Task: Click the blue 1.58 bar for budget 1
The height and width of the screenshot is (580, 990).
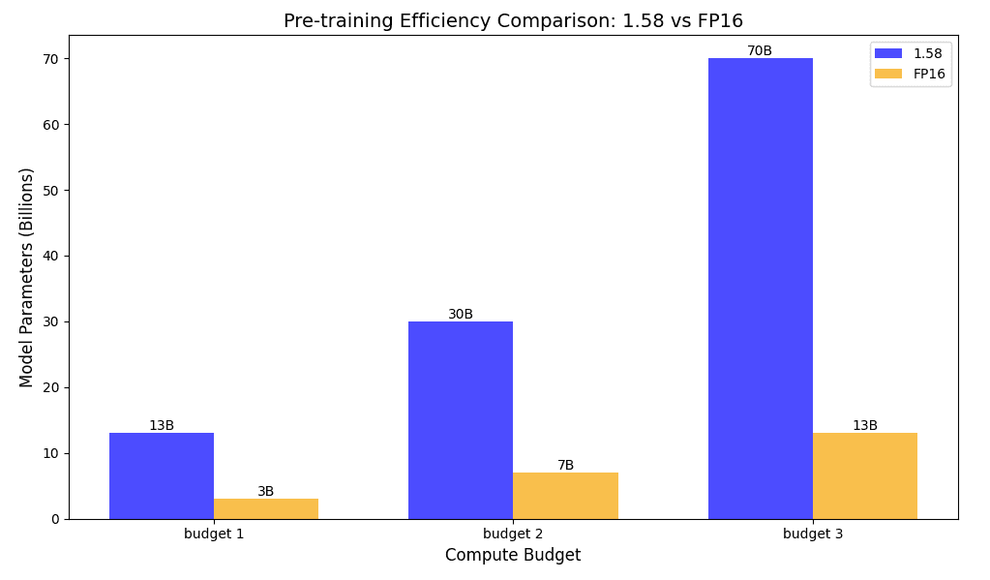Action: click(x=162, y=475)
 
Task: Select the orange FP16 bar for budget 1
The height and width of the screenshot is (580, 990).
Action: click(x=266, y=508)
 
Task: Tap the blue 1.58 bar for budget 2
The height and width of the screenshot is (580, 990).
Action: click(x=461, y=419)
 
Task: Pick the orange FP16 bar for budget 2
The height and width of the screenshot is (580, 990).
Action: click(x=565, y=495)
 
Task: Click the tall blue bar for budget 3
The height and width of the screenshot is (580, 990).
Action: click(x=760, y=289)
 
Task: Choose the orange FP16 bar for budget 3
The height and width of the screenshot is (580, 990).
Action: click(x=865, y=475)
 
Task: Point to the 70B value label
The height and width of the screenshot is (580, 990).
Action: click(x=760, y=51)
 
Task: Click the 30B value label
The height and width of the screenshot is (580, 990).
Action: click(x=461, y=315)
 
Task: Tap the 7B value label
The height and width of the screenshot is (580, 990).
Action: click(x=565, y=466)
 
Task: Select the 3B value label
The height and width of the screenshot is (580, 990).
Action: click(x=266, y=492)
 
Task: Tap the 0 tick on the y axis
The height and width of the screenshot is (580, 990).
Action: click(x=56, y=519)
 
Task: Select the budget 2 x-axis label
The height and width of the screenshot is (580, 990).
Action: click(x=513, y=534)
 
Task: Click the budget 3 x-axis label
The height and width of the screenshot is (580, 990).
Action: click(x=812, y=534)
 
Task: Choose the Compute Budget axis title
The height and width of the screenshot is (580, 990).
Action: click(x=513, y=556)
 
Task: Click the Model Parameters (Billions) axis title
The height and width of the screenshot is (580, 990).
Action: click(x=27, y=277)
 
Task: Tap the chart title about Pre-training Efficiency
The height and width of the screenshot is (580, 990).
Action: click(x=513, y=21)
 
